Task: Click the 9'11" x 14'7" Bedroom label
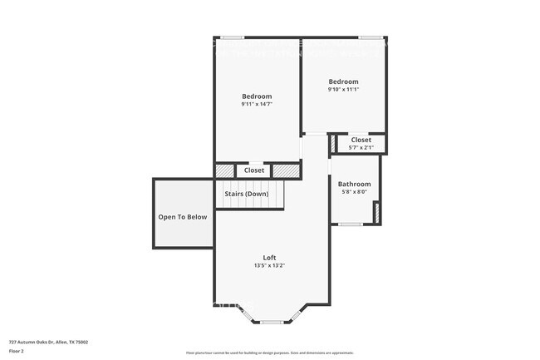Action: click(257, 96)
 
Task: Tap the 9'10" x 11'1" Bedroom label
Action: click(342, 81)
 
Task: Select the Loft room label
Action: click(269, 258)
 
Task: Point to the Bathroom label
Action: click(354, 184)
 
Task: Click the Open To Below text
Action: click(183, 217)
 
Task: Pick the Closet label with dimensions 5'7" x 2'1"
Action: click(361, 140)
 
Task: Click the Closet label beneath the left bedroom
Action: click(254, 170)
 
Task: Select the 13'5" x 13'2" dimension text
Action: click(269, 266)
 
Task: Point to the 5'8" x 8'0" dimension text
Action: click(354, 192)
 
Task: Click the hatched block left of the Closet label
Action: click(225, 170)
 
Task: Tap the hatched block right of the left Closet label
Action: click(285, 170)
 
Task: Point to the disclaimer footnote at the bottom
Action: click(269, 353)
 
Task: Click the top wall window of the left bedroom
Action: click(232, 37)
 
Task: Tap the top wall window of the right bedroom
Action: click(371, 37)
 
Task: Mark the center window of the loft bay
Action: click(272, 322)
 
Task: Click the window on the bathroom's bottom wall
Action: click(350, 224)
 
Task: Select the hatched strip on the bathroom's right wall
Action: click(376, 212)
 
